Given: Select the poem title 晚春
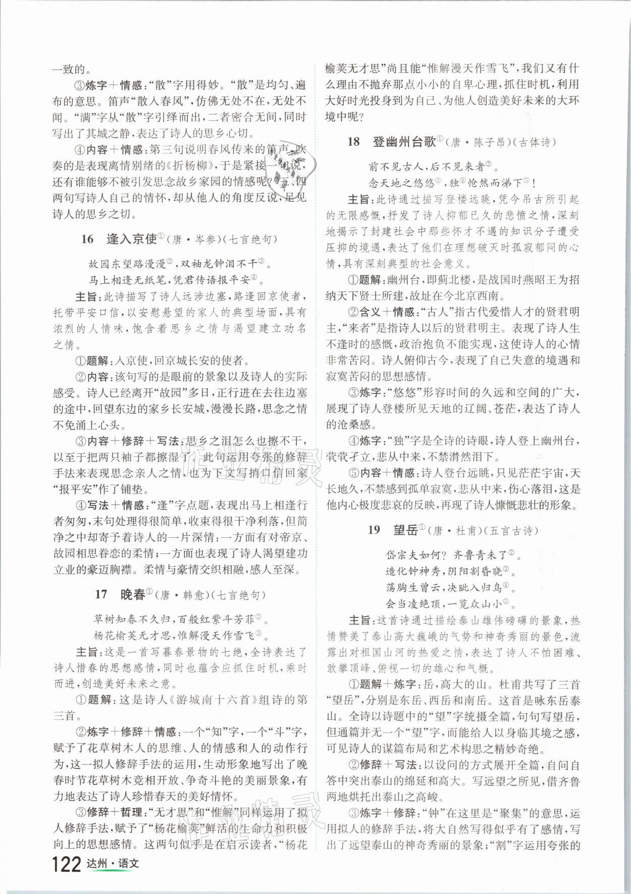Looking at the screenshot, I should (133, 594).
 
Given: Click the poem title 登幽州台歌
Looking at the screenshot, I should (404, 142).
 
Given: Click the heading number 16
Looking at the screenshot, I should (87, 239).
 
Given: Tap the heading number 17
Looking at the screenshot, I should (101, 595).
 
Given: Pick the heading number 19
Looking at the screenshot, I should (374, 530).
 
